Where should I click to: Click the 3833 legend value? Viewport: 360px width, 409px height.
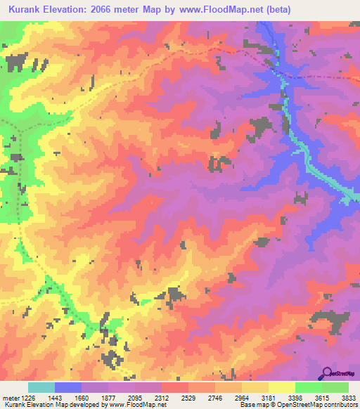point(349,397)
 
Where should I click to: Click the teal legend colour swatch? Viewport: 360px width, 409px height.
point(41,387)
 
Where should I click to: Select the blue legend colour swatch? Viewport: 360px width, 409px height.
point(68,387)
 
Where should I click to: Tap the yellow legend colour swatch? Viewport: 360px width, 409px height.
point(282,387)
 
